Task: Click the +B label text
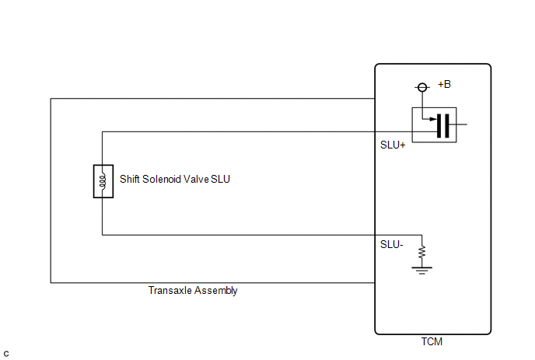point(444,84)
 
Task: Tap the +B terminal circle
point(422,87)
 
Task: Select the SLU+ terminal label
point(393,145)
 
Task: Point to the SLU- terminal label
point(392,245)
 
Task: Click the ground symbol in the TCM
point(422,271)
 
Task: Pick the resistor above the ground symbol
point(422,252)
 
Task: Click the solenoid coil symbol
point(103,181)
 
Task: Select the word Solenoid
point(162,179)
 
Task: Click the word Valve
point(196,179)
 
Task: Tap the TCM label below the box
point(432,341)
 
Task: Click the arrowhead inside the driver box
point(433,119)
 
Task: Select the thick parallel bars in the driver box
point(443,126)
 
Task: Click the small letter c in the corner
point(6,354)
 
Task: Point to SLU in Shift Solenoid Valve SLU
point(220,179)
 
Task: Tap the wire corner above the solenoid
point(103,131)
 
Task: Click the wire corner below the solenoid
point(103,235)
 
